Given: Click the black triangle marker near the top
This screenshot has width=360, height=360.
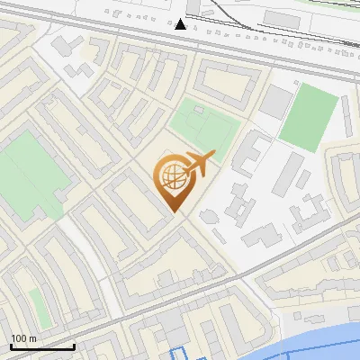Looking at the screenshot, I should click(181, 23).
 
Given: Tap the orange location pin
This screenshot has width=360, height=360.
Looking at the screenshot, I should click(177, 181).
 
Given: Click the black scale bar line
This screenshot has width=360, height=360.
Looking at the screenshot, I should click(41, 346).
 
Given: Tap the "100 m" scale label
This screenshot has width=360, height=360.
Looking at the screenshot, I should click(23, 338).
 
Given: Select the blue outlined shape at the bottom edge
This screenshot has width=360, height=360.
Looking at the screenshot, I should click(180, 353).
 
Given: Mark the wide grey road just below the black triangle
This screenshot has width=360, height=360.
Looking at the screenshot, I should click(180, 37).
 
